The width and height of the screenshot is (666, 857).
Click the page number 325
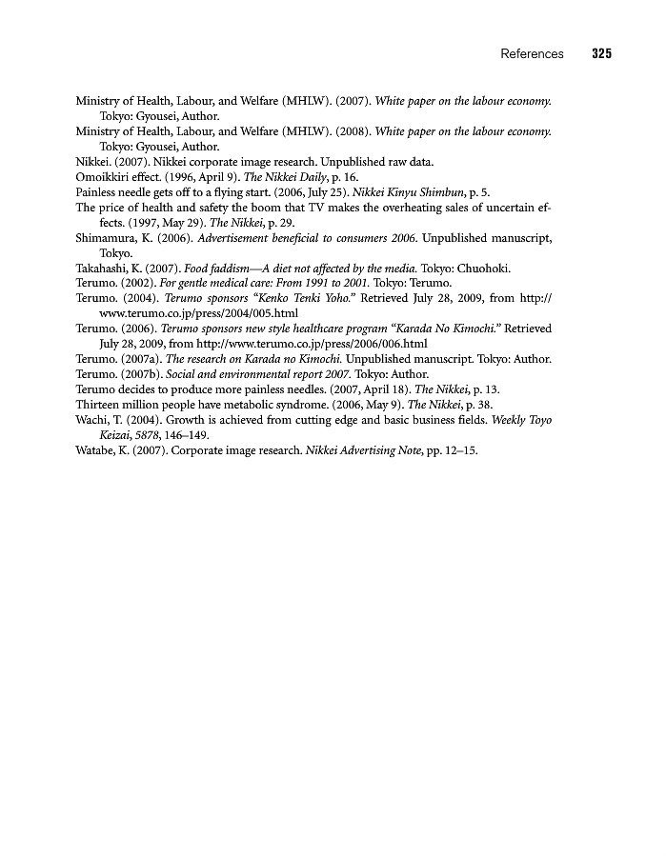click(x=600, y=54)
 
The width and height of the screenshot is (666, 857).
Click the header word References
click(x=532, y=54)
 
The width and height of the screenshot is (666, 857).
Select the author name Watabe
click(x=96, y=450)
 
